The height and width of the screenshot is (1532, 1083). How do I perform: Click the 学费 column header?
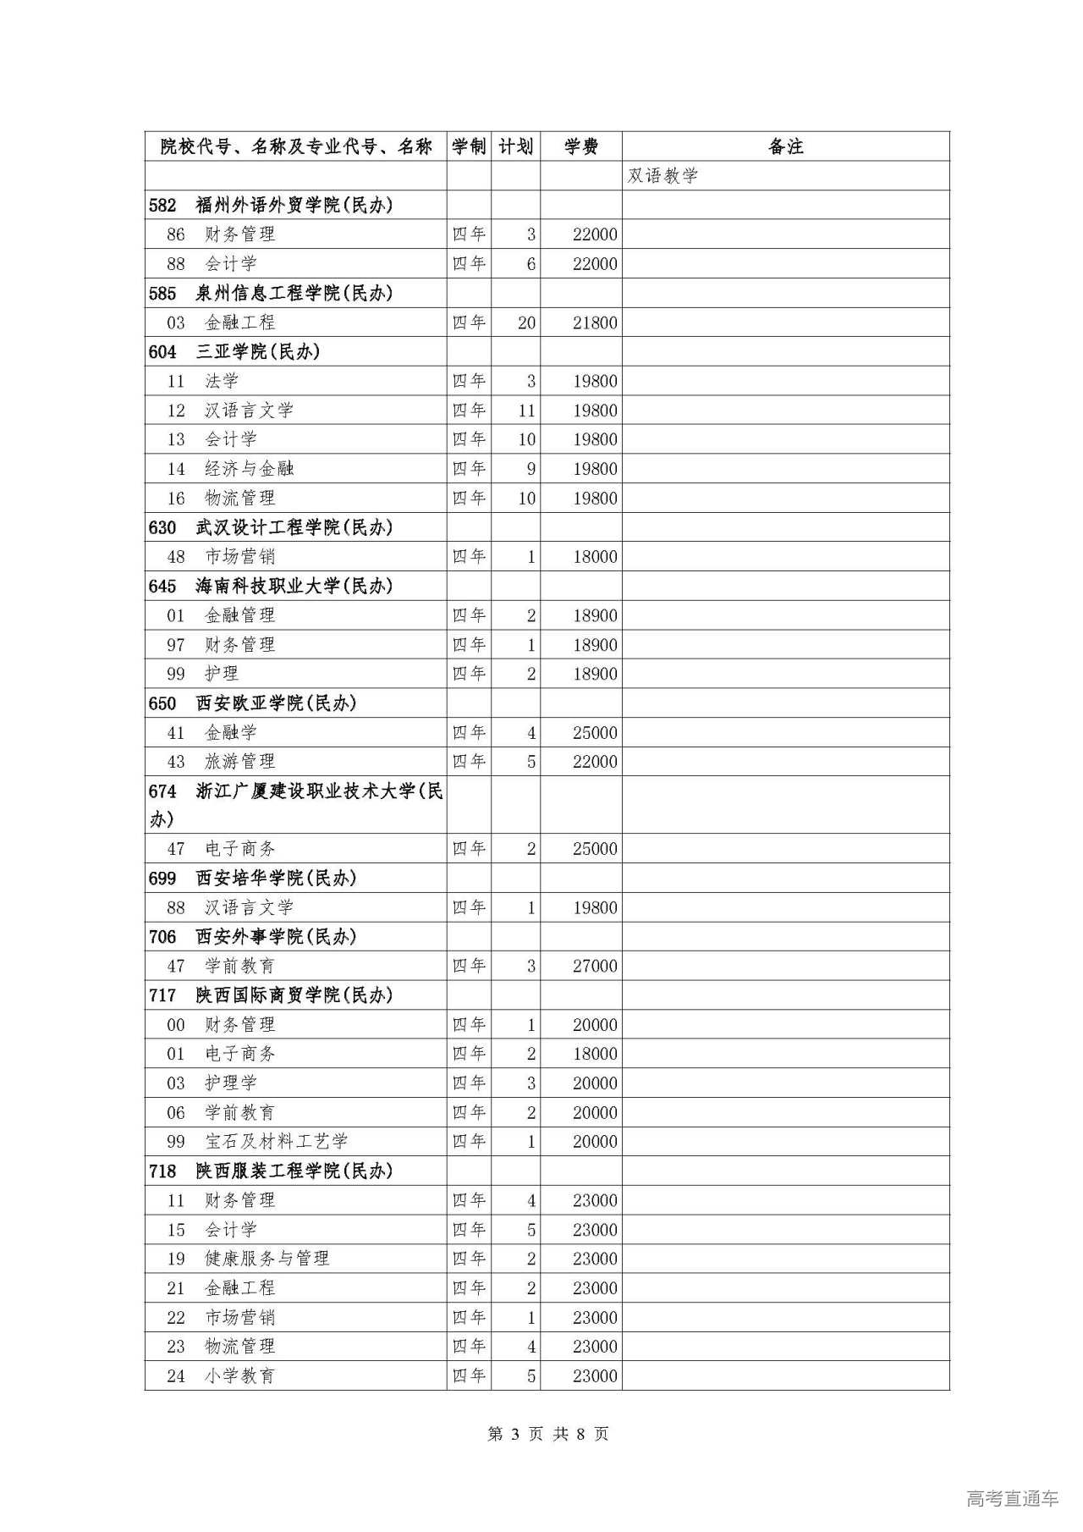[x=581, y=146]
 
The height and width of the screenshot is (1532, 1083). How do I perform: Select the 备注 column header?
[x=785, y=146]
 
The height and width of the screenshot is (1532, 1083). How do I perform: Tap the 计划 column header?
[x=515, y=146]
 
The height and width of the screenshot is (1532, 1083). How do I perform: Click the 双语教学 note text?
[x=662, y=175]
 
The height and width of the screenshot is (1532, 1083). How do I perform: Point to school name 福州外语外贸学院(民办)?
[x=294, y=205]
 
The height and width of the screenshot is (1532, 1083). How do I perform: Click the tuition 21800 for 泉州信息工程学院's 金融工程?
[x=595, y=322]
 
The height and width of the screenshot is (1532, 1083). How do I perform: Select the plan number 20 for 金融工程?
[x=526, y=322]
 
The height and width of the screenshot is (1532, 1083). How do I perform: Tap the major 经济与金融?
[x=249, y=469]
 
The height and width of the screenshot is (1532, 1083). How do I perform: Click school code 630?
[x=162, y=527]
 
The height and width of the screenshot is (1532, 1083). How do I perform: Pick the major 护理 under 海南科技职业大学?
[x=222, y=674]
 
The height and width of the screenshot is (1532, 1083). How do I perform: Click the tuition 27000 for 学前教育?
[x=595, y=966]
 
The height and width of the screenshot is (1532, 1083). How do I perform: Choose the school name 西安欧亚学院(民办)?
[x=276, y=703]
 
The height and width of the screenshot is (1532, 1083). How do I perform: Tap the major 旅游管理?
[x=239, y=762]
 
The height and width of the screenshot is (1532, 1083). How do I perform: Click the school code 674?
[x=162, y=791]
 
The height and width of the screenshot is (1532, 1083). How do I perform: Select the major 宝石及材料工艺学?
[x=276, y=1141]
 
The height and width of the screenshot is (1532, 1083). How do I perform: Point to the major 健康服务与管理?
[x=267, y=1259]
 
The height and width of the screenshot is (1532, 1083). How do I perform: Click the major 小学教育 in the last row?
[x=239, y=1375]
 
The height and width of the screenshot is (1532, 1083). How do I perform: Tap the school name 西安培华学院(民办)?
[x=276, y=879]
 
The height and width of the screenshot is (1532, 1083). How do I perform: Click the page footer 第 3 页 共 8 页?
[x=548, y=1434]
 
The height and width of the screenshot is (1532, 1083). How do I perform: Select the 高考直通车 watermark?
[x=1012, y=1498]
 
